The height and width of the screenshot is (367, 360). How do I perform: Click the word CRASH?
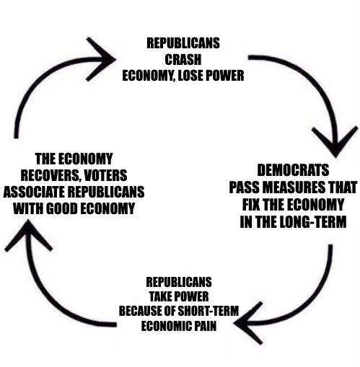(183, 59)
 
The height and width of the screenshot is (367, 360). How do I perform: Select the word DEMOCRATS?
(293, 170)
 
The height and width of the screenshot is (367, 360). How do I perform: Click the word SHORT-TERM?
(208, 311)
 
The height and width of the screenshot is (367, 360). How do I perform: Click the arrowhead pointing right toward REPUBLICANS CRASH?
(100, 59)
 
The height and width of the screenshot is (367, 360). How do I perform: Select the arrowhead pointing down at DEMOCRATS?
(335, 142)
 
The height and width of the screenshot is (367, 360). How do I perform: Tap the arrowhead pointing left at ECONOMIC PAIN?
(248, 323)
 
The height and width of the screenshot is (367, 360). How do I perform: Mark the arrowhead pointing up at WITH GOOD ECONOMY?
(29, 236)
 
